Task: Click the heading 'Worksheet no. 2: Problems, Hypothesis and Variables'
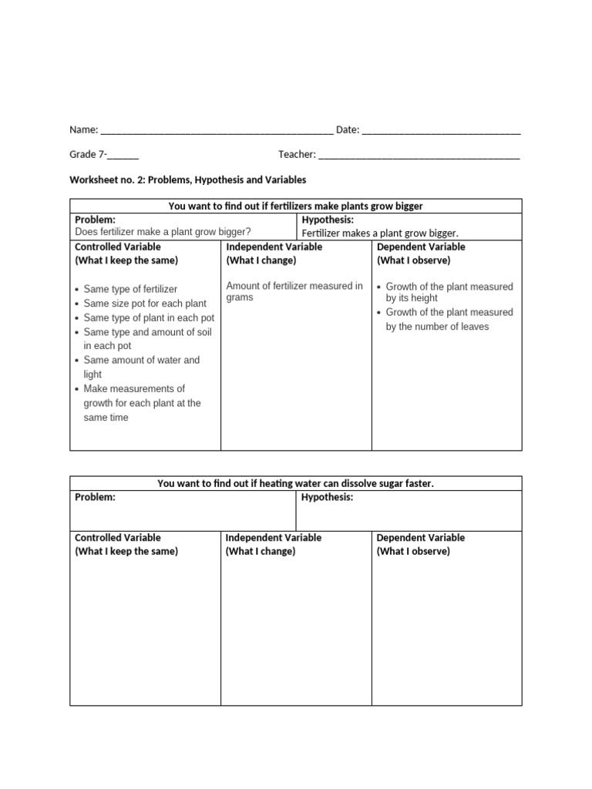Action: click(x=188, y=180)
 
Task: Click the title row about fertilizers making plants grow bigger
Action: click(x=295, y=206)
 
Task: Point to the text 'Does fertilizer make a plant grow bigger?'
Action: click(x=163, y=232)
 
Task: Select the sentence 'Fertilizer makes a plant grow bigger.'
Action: click(x=380, y=233)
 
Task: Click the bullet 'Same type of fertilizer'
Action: click(x=130, y=289)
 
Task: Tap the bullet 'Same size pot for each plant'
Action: click(x=145, y=304)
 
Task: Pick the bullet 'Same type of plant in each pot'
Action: click(x=149, y=317)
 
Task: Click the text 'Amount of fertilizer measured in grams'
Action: click(x=294, y=291)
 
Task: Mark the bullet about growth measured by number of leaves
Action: click(x=449, y=319)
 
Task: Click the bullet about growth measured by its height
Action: click(x=449, y=292)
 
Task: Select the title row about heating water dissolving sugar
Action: click(x=295, y=483)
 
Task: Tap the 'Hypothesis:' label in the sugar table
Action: click(x=327, y=498)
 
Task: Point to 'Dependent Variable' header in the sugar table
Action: click(x=420, y=538)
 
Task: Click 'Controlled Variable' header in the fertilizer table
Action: click(x=118, y=247)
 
